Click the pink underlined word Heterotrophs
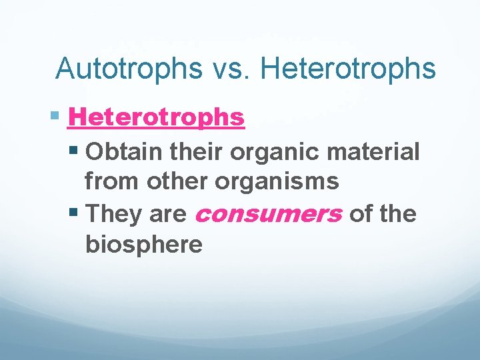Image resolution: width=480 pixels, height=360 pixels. pyautogui.click(x=157, y=118)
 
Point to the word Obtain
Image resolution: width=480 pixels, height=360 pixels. pyautogui.click(x=123, y=151)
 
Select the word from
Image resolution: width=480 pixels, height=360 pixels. pyautogui.click(x=109, y=181)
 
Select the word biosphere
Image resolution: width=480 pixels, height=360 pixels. pyautogui.click(x=143, y=245)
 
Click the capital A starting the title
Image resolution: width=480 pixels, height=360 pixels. pyautogui.click(x=66, y=69)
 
